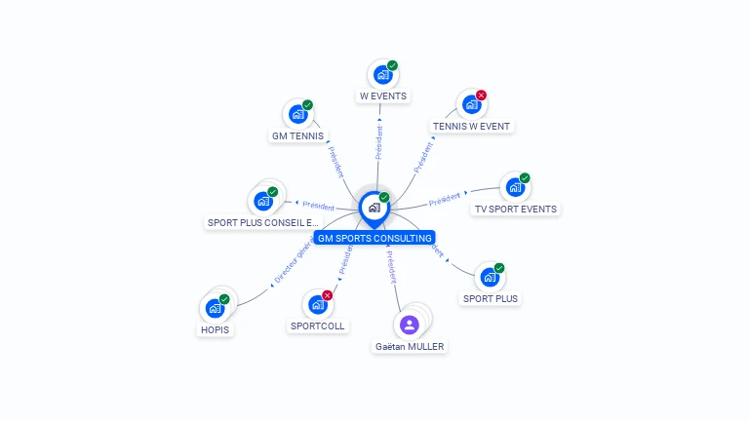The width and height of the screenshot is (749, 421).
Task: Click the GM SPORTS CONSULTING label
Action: pos(374,238)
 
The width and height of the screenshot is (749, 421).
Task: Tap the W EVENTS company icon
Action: pos(382,74)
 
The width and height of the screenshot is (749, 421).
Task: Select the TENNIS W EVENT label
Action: pos(471,126)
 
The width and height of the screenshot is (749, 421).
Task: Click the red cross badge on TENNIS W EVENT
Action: pos(481,96)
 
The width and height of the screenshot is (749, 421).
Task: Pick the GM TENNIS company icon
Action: pos(297,114)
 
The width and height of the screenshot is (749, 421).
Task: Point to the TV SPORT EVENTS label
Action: pos(515,209)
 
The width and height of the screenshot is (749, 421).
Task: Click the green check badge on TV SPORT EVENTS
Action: pos(525,178)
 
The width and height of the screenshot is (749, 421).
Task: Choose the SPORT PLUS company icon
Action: pos(490,277)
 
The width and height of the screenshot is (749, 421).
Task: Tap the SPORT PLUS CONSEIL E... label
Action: pos(262,222)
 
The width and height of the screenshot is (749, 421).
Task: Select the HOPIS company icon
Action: pos(215,309)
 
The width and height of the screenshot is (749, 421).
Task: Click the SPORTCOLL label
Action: pos(317,325)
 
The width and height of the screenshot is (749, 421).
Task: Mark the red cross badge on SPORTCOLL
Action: pos(327,295)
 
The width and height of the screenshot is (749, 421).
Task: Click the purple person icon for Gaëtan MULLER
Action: pos(410,325)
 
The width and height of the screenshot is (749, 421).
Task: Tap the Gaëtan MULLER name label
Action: pos(410,346)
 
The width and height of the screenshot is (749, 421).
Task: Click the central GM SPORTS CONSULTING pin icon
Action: pos(374,207)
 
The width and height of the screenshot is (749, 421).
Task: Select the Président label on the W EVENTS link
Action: pos(379,142)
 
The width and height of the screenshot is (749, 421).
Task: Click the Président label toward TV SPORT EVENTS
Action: pos(445,200)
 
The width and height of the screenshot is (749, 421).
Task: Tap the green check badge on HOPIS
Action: pos(224,299)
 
